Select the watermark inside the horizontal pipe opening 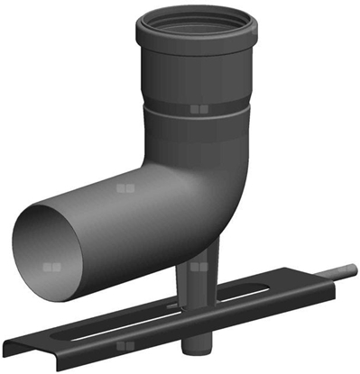[x=52, y=269]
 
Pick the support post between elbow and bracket [x=198, y=279]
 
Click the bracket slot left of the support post [x=108, y=330]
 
